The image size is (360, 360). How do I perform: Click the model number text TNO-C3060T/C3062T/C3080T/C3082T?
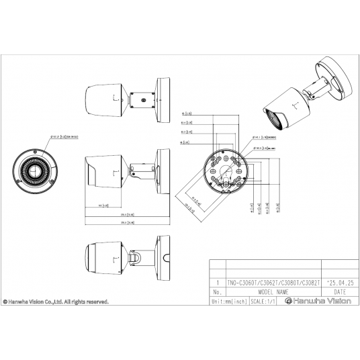274,284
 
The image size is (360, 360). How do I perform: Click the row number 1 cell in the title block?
216,284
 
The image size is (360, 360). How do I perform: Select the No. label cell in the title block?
216,293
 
